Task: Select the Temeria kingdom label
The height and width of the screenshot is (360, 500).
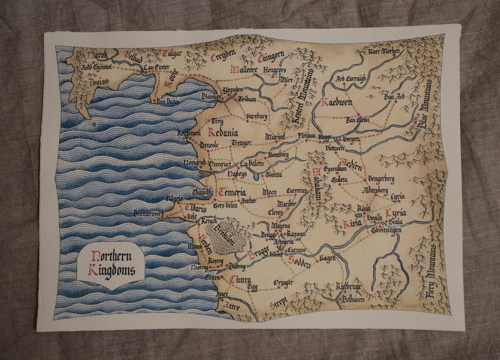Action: [232, 192]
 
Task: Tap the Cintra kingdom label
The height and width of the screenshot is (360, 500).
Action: [240, 279]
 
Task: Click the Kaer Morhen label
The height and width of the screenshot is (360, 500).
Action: [384, 51]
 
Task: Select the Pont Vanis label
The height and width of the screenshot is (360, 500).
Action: [167, 101]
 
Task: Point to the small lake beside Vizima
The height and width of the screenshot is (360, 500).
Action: [256, 176]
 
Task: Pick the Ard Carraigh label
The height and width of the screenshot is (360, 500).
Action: [350, 79]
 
